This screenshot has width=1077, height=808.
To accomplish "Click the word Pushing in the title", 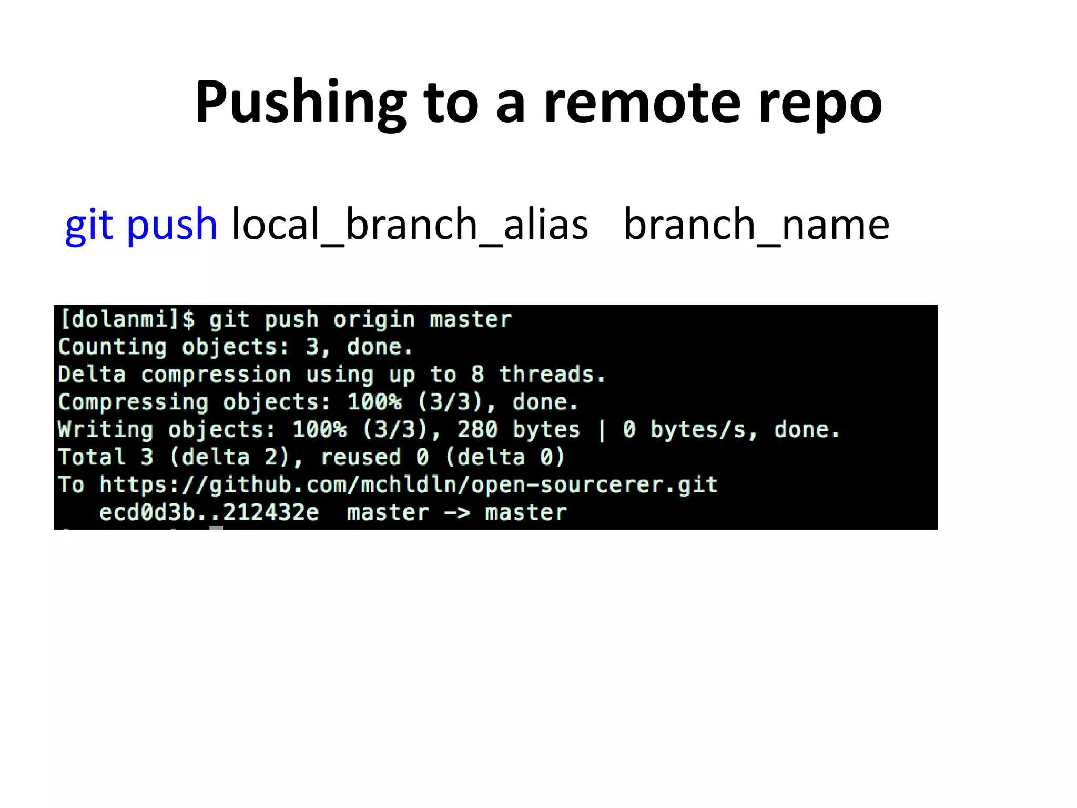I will (x=300, y=103).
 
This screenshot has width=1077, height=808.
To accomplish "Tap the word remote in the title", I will (x=642, y=103).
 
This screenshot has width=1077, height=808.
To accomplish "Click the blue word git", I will (x=89, y=225).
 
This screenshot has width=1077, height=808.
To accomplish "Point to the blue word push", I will (x=171, y=225).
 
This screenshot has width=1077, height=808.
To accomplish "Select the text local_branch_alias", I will (x=410, y=225).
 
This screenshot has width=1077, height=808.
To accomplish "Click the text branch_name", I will (x=756, y=225).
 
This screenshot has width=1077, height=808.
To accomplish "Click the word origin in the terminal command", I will (x=374, y=319).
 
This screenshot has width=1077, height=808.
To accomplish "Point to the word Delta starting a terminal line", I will (x=92, y=375).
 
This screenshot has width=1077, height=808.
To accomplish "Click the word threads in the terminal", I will (x=552, y=375).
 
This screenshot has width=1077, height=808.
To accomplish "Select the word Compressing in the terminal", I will (x=133, y=402).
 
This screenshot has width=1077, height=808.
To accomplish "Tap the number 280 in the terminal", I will (x=477, y=430).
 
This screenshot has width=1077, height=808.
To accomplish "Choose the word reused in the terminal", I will (x=361, y=457).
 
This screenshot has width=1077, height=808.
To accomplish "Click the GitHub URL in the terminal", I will (x=408, y=485).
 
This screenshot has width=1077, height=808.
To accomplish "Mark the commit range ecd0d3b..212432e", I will (x=209, y=512).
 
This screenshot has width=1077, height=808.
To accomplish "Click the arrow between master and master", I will (x=457, y=512).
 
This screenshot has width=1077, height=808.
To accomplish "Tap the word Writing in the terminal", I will (x=105, y=430).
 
